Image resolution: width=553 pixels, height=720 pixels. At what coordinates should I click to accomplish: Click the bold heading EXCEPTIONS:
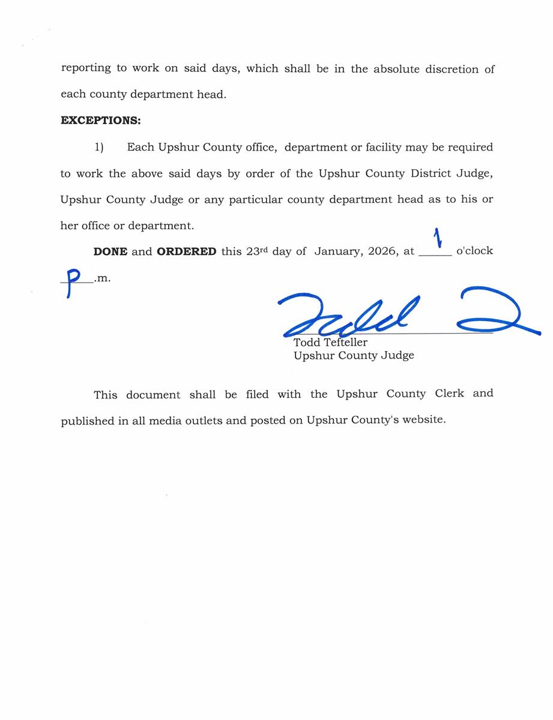click(100, 121)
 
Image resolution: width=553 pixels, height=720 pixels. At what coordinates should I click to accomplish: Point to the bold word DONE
click(110, 251)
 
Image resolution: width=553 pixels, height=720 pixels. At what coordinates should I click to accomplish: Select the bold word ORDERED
click(186, 251)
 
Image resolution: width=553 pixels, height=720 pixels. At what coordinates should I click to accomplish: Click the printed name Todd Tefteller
click(330, 343)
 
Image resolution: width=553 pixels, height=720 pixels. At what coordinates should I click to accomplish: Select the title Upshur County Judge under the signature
click(354, 355)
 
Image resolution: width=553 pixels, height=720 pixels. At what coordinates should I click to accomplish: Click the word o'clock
click(474, 251)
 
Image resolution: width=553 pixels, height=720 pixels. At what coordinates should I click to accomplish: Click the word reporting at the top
click(86, 68)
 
